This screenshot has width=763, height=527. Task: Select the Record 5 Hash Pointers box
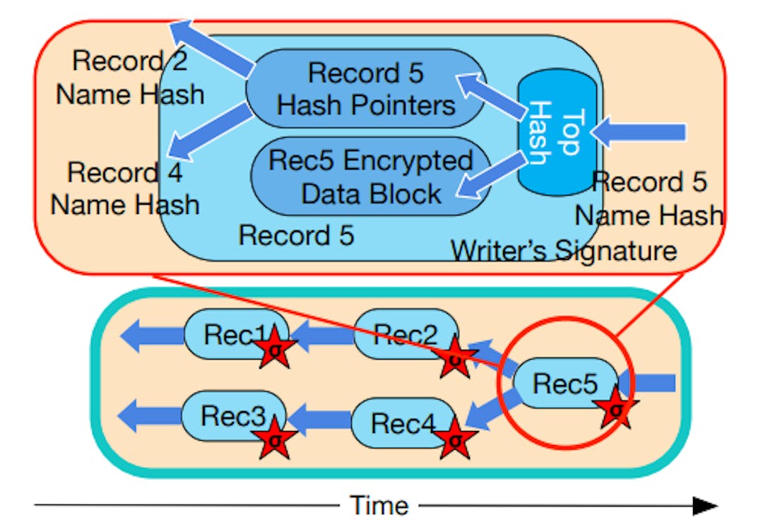(x=365, y=88)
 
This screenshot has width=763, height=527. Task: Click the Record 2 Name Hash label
(x=130, y=77)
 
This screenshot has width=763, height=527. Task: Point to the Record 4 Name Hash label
(x=125, y=188)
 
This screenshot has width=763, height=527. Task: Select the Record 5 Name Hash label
(x=649, y=199)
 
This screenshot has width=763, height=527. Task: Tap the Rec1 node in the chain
(x=230, y=333)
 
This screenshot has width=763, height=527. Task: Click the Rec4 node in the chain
(x=396, y=423)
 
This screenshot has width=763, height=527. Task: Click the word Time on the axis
(x=379, y=505)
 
